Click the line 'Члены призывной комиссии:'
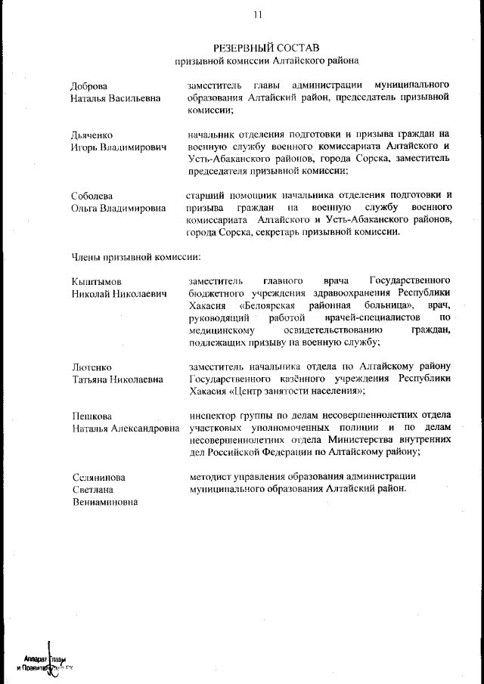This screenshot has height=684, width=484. tap(135, 257)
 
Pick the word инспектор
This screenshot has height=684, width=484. tap(213, 415)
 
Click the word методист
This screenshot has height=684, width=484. tap(210, 476)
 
